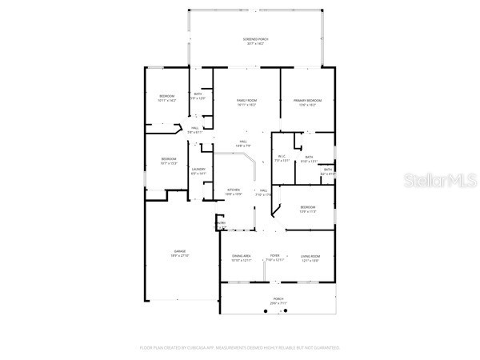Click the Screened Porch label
(256, 41)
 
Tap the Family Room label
(246, 102)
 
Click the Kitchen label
(233, 190)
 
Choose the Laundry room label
(199, 169)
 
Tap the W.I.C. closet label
(281, 157)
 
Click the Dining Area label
(241, 256)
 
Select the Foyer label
(274, 256)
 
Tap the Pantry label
(221, 223)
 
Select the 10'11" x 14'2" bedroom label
(166, 98)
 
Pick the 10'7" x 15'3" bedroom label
(168, 160)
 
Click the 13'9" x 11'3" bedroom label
(307, 209)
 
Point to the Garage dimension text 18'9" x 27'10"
(180, 256)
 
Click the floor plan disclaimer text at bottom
(240, 348)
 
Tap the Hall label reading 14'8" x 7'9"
(243, 144)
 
